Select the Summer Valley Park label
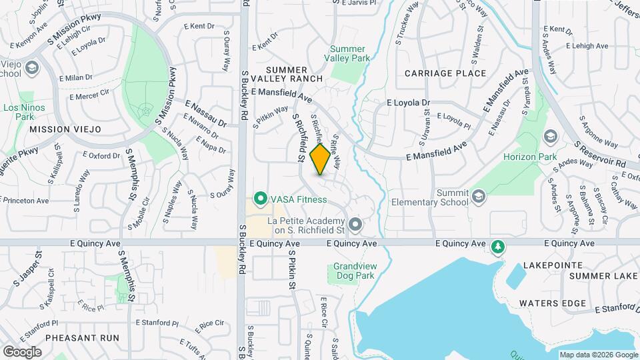click(x=347, y=54)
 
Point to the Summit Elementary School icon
click(x=479, y=196)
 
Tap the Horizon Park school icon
click(x=550, y=137)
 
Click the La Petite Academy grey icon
click(x=355, y=225)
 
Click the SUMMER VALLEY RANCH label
click(x=287, y=75)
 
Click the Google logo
click(x=22, y=351)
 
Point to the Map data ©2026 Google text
click(x=598, y=355)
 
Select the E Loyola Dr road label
click(x=409, y=103)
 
